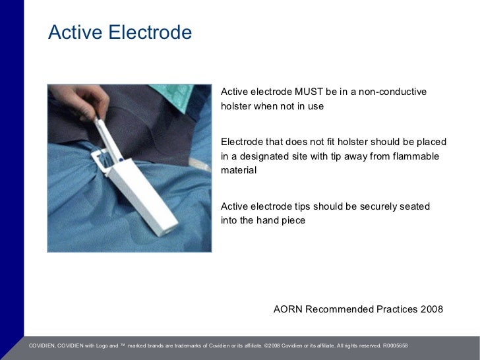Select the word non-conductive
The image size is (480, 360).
point(390,91)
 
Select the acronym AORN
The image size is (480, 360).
point(287,309)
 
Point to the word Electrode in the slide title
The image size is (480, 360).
point(150,32)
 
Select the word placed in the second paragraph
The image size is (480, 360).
point(432,142)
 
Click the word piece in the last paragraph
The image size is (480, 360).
point(293,220)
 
